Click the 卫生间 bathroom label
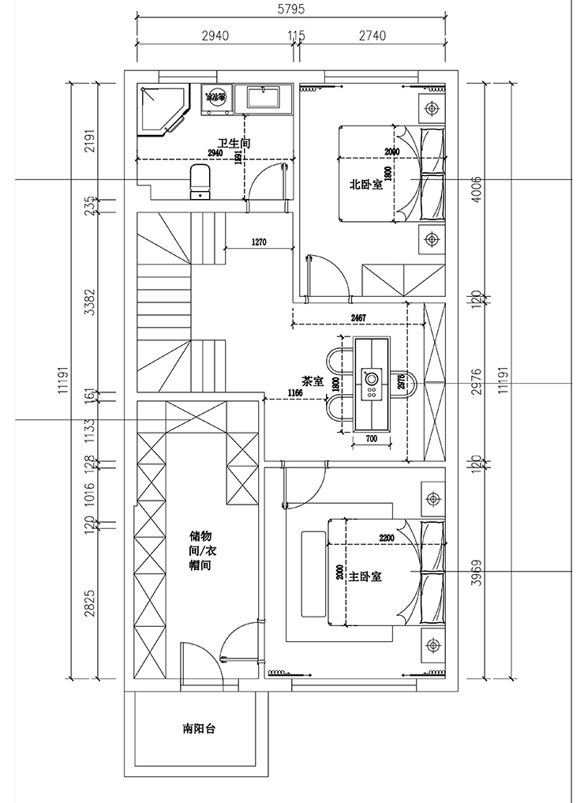point(234,143)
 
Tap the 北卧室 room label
point(366,185)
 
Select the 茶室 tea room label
point(313,381)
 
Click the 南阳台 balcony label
point(199,729)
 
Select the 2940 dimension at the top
point(215,36)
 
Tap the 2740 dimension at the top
point(372,36)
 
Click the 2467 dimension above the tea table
point(354,318)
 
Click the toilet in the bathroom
point(200,179)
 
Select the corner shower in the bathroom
point(162,110)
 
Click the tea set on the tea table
point(371,383)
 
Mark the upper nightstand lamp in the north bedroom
point(431,108)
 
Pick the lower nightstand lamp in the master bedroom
point(431,647)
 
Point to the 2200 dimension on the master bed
point(387,538)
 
